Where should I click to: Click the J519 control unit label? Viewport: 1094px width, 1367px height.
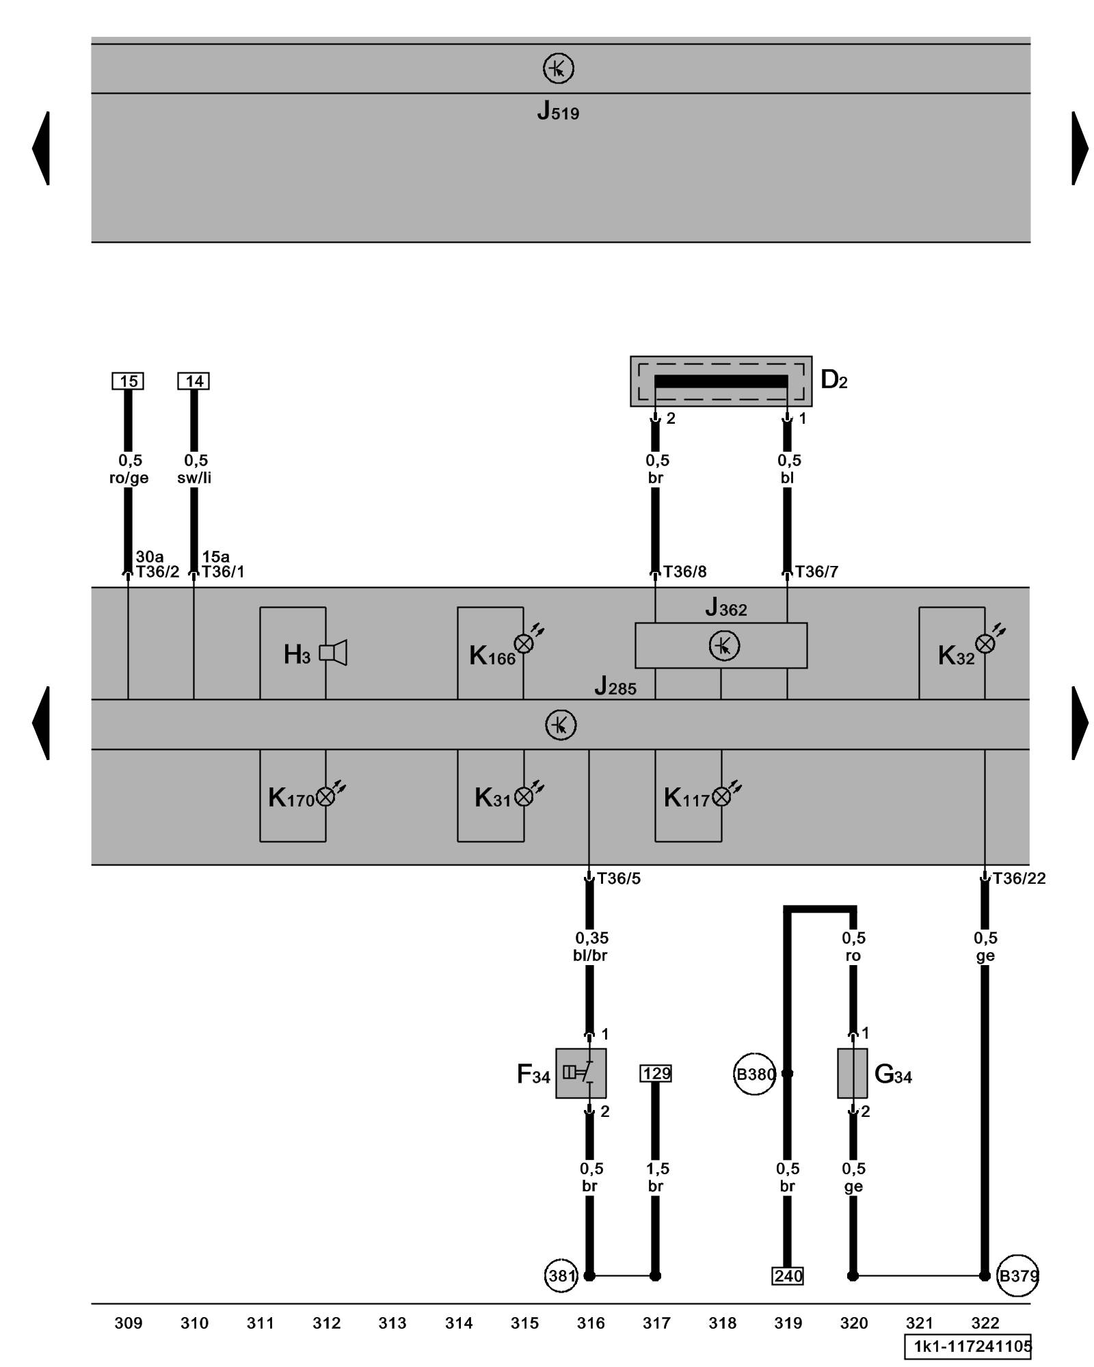click(558, 111)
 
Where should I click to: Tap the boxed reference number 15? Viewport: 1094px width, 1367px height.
click(128, 381)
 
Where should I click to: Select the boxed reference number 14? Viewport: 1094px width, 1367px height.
click(194, 381)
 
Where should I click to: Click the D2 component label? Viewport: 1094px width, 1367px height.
click(833, 379)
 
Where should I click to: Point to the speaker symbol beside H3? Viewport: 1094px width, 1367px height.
click(334, 653)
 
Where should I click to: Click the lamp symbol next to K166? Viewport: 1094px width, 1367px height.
click(524, 643)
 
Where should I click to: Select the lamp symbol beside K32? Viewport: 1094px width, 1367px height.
click(985, 643)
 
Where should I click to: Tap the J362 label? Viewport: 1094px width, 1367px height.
click(726, 607)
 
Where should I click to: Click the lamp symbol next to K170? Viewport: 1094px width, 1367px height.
click(326, 796)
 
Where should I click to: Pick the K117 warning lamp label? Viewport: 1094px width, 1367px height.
click(686, 798)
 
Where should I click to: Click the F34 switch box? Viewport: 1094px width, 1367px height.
click(581, 1073)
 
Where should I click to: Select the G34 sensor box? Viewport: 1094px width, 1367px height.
click(852, 1073)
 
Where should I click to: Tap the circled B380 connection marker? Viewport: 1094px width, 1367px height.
click(755, 1074)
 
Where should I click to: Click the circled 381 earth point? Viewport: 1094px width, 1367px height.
click(561, 1275)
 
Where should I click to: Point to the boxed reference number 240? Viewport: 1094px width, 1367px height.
click(788, 1276)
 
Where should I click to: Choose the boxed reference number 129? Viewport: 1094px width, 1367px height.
click(656, 1073)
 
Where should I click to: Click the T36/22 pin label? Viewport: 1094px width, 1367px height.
click(1019, 878)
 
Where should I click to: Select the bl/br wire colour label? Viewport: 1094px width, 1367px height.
click(590, 956)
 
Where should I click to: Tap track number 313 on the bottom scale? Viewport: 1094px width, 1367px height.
click(392, 1323)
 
